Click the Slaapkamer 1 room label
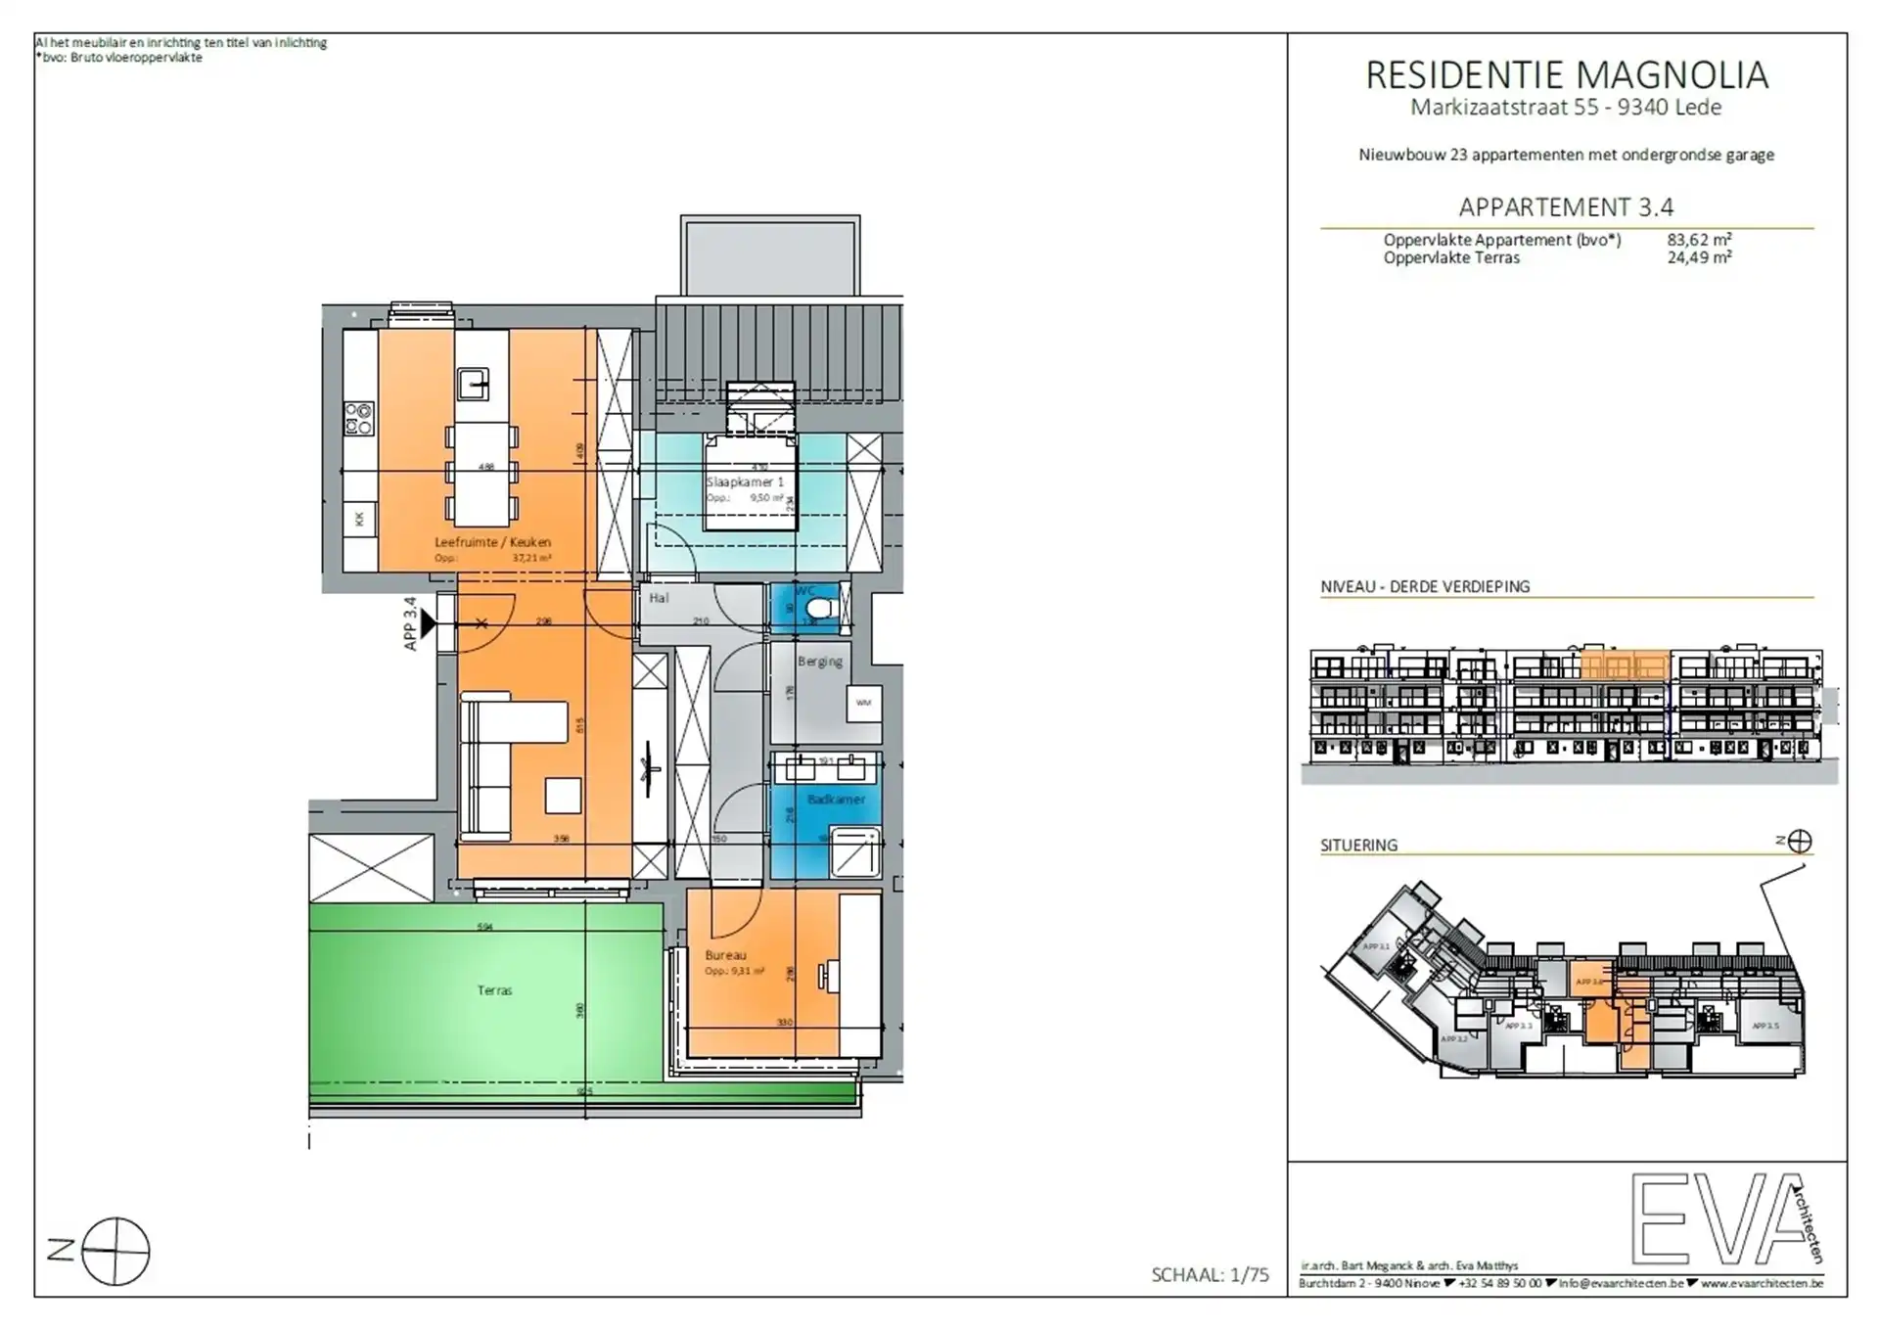745,482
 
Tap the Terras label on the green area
494,990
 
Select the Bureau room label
725,955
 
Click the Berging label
819,662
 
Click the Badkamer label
836,800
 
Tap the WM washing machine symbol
863,703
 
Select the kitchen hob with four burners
359,419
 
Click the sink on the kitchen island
475,384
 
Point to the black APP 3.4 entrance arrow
428,622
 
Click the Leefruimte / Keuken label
492,542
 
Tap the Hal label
659,598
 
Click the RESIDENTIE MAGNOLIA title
1566,75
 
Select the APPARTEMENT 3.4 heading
1566,207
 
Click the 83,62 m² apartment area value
1699,240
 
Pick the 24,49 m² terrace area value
1699,258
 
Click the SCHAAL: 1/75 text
1210,1274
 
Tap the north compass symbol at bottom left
115,1251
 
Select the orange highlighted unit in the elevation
1625,667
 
